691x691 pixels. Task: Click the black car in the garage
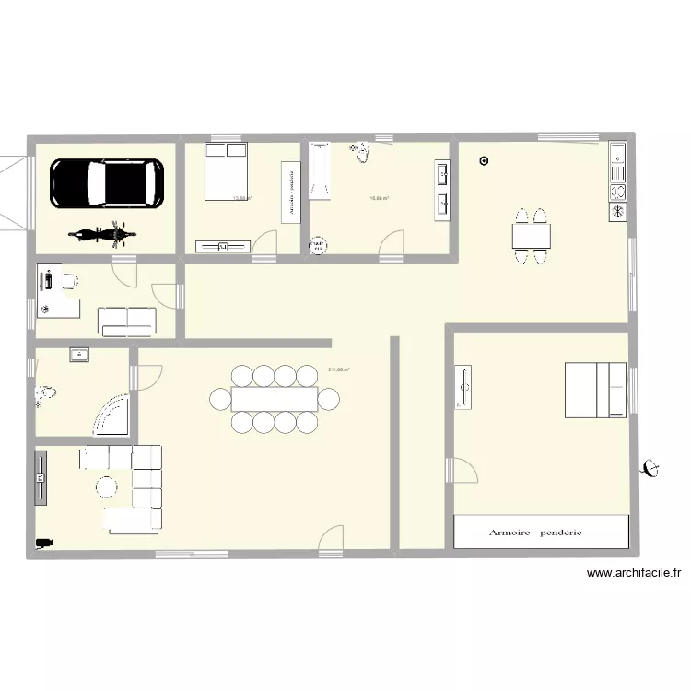pos(106,182)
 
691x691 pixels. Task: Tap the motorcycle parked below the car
pos(96,235)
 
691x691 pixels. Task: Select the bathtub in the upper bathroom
pos(319,170)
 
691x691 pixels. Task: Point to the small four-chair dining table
pos(532,237)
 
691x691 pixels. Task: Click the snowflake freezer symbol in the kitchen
pos(616,212)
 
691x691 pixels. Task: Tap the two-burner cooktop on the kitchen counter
pos(616,192)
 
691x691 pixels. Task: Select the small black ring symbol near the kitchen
pos(485,163)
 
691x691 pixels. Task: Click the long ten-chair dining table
pos(275,399)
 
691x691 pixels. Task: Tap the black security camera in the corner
pos(41,544)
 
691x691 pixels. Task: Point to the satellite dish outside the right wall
pos(652,468)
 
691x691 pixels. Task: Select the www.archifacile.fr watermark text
pos(634,573)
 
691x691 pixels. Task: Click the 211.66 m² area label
pos(338,370)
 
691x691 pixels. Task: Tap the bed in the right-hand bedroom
pos(595,390)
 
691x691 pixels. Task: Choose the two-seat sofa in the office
pos(127,319)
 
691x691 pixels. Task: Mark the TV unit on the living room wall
pos(41,477)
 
